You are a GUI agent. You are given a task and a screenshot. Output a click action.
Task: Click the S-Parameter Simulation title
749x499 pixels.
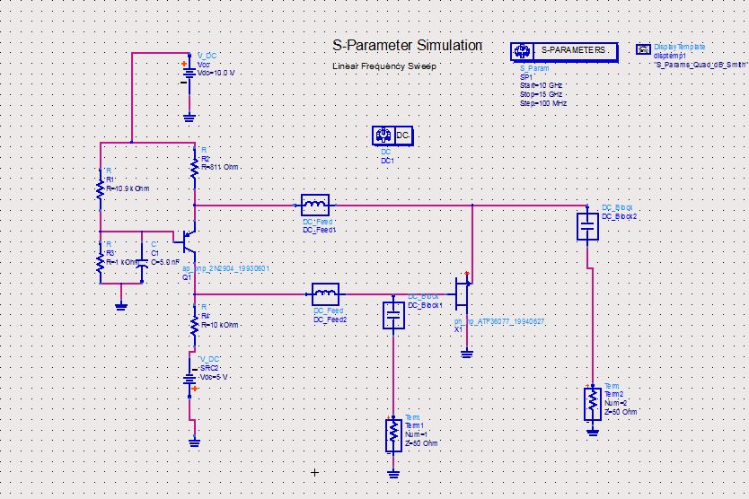click(x=407, y=46)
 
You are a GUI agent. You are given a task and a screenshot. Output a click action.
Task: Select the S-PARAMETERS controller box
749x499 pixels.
click(x=563, y=51)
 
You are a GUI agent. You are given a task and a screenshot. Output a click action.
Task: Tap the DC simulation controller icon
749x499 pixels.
click(x=392, y=136)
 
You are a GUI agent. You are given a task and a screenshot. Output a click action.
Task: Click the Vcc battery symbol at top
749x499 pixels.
click(x=189, y=74)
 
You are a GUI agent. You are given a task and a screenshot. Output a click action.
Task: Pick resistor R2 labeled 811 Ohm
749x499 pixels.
click(x=194, y=166)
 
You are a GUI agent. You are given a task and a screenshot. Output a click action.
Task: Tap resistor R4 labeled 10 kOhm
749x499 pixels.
click(x=194, y=324)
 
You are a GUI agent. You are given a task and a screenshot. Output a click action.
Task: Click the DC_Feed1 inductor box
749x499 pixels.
click(x=315, y=205)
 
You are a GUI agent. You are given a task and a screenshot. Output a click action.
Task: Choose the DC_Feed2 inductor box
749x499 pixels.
click(x=326, y=293)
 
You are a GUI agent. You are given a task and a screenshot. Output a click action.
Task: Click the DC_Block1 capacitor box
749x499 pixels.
click(x=392, y=315)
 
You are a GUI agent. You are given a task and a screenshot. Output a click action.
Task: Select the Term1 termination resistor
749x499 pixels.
click(x=392, y=434)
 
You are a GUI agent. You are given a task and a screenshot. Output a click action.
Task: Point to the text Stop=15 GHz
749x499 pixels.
click(x=542, y=94)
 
